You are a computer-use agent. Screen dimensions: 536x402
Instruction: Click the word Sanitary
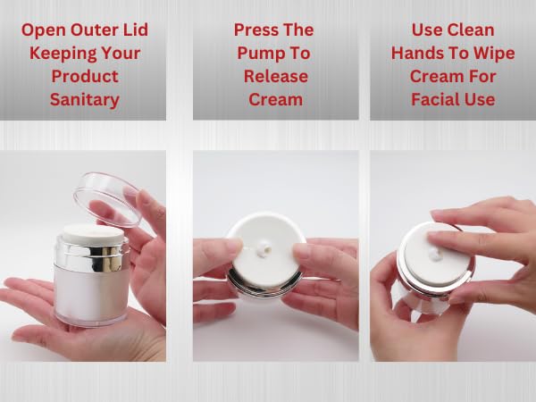coord(85,100)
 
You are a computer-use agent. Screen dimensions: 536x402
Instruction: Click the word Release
coord(276,76)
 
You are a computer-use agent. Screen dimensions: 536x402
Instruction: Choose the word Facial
coord(433,99)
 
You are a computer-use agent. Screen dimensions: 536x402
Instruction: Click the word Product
coord(85,76)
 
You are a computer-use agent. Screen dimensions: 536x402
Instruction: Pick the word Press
coord(254,29)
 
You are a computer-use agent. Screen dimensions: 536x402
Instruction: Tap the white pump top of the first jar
coord(93,233)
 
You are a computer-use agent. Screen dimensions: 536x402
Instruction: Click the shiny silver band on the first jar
coord(92,255)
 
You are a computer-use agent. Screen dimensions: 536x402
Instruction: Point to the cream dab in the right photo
coord(434,254)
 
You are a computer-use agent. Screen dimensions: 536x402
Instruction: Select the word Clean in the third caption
coord(473,29)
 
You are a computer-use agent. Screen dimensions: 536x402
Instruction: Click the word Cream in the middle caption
coord(275,99)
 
